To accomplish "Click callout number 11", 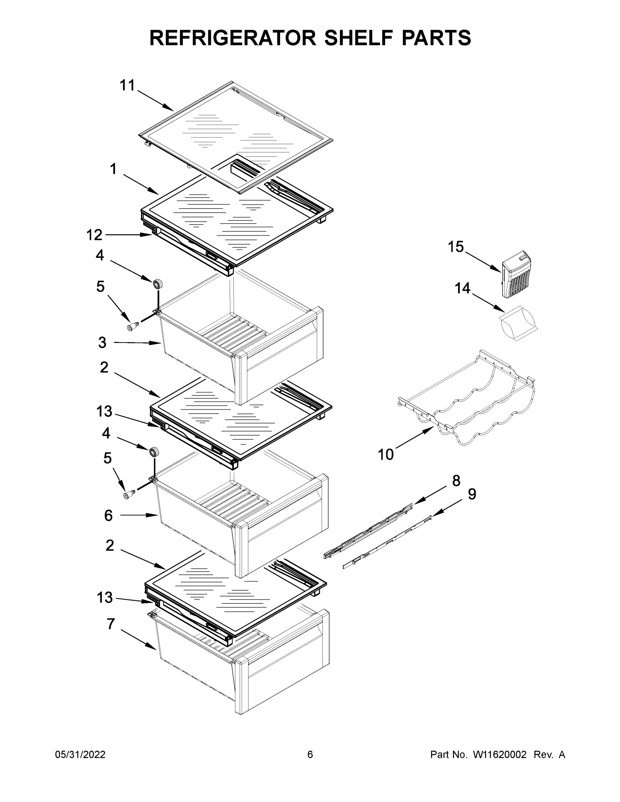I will click(127, 86).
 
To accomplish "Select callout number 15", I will click(456, 247).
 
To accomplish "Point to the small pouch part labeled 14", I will click(519, 322).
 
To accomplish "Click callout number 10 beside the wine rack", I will click(386, 454).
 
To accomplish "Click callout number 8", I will click(456, 480).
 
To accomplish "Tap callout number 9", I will click(472, 494).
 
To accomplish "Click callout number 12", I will click(94, 235).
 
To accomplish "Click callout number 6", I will click(108, 516).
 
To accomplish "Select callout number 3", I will click(103, 343).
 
